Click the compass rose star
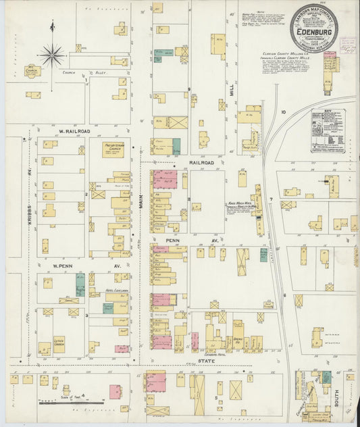(52, 54)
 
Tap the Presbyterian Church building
(113, 149)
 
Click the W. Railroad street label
(70, 131)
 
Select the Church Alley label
(74, 72)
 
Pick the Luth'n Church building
(59, 343)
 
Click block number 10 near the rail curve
(284, 111)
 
